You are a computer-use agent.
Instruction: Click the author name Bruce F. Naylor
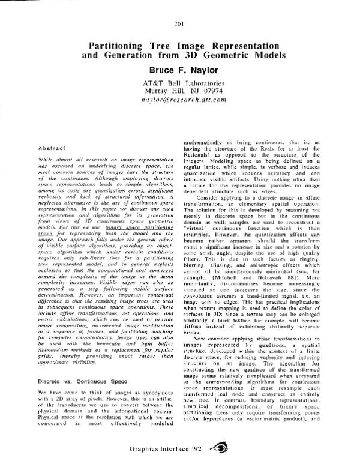pos(180,69)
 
